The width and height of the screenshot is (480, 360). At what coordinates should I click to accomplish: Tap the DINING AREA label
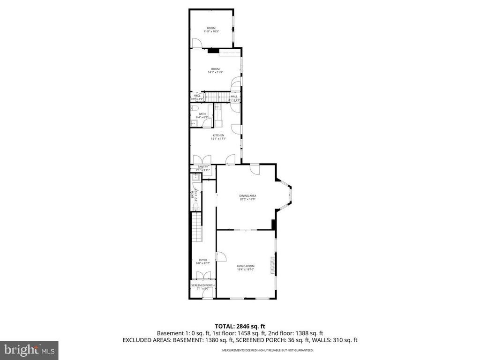click(247, 195)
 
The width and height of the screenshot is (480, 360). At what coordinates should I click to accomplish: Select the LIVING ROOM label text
click(246, 266)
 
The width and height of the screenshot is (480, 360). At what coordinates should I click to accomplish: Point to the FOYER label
click(202, 260)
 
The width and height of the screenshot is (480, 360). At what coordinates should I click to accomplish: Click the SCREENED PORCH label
click(202, 285)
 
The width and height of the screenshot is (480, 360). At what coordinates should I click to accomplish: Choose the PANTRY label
click(202, 166)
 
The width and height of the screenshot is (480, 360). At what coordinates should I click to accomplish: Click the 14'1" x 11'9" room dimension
click(215, 72)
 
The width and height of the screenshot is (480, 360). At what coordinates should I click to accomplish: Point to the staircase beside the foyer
click(197, 226)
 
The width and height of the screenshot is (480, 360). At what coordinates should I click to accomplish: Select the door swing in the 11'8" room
click(198, 43)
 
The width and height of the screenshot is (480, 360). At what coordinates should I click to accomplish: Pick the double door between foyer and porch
click(202, 294)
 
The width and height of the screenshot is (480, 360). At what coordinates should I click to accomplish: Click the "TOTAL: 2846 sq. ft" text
click(240, 326)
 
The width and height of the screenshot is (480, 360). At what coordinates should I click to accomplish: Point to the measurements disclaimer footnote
click(268, 350)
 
